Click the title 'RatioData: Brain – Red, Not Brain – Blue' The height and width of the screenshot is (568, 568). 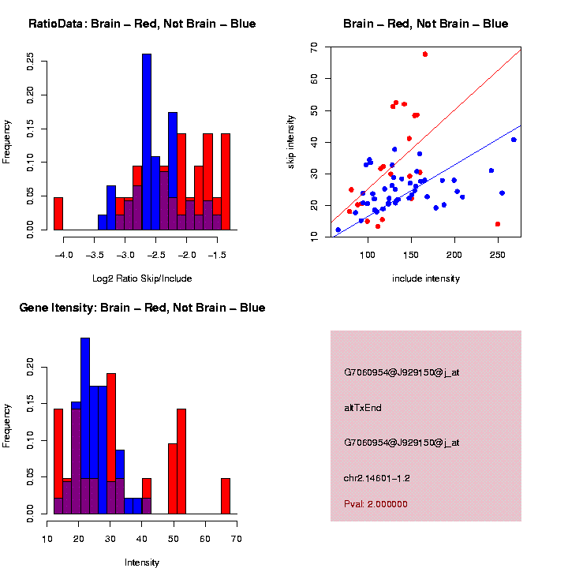(x=142, y=24)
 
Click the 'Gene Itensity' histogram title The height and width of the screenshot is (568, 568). (x=142, y=308)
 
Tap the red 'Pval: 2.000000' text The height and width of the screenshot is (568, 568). (x=376, y=503)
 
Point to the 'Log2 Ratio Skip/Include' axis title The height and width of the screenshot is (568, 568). (x=142, y=278)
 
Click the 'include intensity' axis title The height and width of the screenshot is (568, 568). (x=426, y=278)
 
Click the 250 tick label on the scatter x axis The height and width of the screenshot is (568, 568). (x=497, y=255)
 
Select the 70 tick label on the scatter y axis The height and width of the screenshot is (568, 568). (x=315, y=48)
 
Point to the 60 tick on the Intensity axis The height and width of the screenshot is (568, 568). (x=204, y=539)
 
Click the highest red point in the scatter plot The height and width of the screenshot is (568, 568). (x=425, y=54)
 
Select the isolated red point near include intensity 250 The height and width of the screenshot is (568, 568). (x=497, y=224)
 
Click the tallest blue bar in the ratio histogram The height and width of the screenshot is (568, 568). (x=147, y=142)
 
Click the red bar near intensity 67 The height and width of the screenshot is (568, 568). (x=225, y=496)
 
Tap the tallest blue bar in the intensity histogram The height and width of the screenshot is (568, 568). (x=85, y=426)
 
